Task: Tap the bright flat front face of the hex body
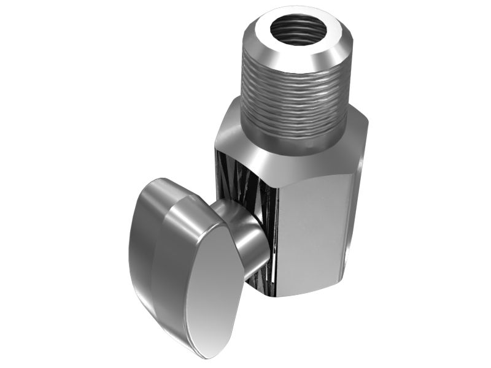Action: coord(313,233)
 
